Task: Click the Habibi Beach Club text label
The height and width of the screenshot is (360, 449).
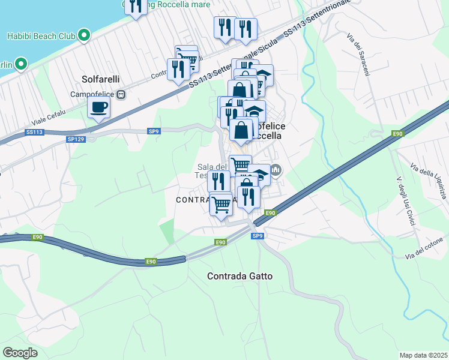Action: tap(41, 36)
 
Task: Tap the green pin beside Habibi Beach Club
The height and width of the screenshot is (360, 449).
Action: tap(85, 35)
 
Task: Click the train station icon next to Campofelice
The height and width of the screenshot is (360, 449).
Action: tap(121, 94)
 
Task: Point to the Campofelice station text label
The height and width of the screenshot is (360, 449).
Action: tap(93, 94)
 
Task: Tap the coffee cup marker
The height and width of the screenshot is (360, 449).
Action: tap(98, 108)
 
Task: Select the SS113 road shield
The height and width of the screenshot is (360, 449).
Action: tap(35, 132)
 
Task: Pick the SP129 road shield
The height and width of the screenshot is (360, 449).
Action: tap(76, 139)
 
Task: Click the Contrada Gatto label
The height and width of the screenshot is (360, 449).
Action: tap(240, 277)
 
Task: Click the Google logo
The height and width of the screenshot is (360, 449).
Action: tap(20, 352)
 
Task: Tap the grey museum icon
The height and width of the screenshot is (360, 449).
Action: tap(276, 170)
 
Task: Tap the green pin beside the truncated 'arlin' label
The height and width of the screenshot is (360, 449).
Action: tap(21, 64)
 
